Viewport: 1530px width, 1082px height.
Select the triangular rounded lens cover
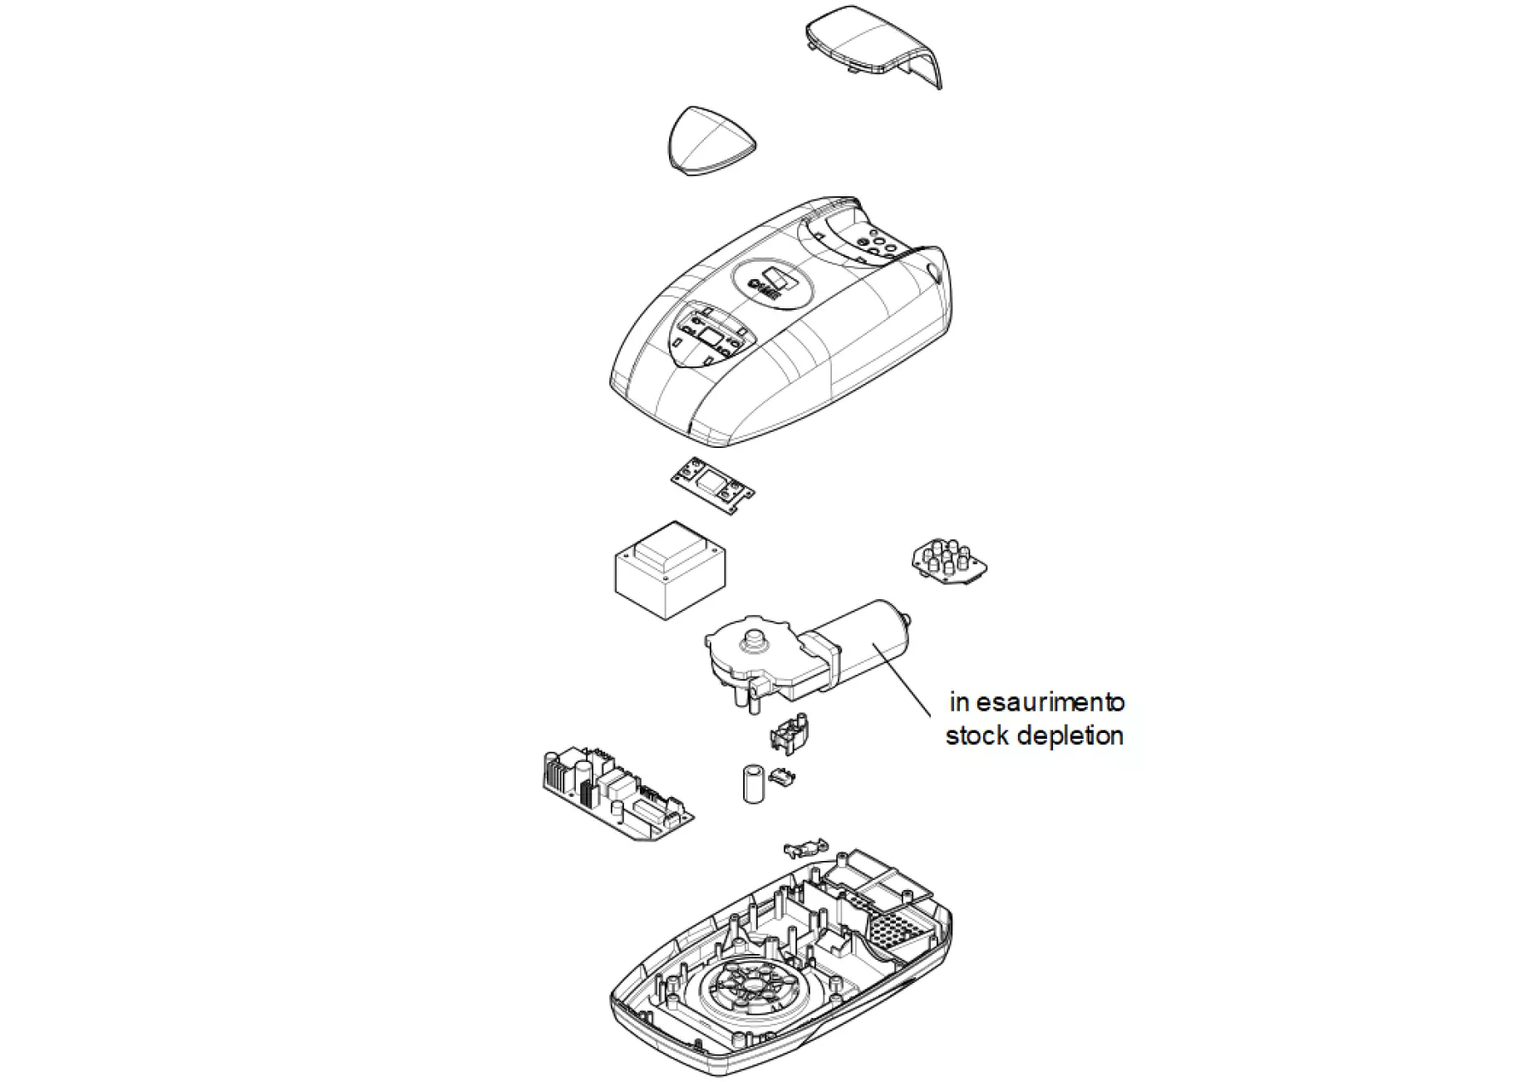tap(711, 140)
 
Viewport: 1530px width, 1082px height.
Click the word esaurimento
tap(1050, 702)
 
